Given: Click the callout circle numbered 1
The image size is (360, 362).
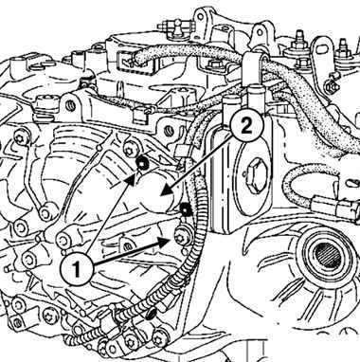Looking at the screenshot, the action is click(x=78, y=269).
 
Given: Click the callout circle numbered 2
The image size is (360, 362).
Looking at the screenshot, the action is click(x=246, y=127).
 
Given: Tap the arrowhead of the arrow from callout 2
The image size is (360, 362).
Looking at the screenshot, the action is click(x=166, y=191).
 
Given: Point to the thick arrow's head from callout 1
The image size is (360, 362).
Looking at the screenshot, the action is click(x=164, y=243).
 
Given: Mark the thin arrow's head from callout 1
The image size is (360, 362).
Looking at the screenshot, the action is click(x=133, y=179).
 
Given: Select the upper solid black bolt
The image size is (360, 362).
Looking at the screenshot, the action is click(x=141, y=163).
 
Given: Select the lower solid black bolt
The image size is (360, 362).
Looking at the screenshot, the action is click(x=186, y=208).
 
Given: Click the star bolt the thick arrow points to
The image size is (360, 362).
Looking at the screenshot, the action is click(x=181, y=238).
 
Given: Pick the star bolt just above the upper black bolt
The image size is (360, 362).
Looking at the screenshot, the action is click(x=130, y=149).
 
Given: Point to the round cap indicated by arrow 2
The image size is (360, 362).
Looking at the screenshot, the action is click(x=157, y=192).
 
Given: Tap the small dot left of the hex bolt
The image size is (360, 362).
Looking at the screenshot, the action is click(x=244, y=173).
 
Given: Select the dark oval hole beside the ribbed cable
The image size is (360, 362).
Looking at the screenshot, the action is click(x=152, y=314).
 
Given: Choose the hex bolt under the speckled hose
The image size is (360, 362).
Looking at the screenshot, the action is click(x=215, y=64).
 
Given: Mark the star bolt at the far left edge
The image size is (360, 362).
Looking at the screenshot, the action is click(x=21, y=138).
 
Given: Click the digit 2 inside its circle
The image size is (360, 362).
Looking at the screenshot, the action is click(x=246, y=127).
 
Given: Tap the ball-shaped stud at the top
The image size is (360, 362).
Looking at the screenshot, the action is click(x=179, y=23).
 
